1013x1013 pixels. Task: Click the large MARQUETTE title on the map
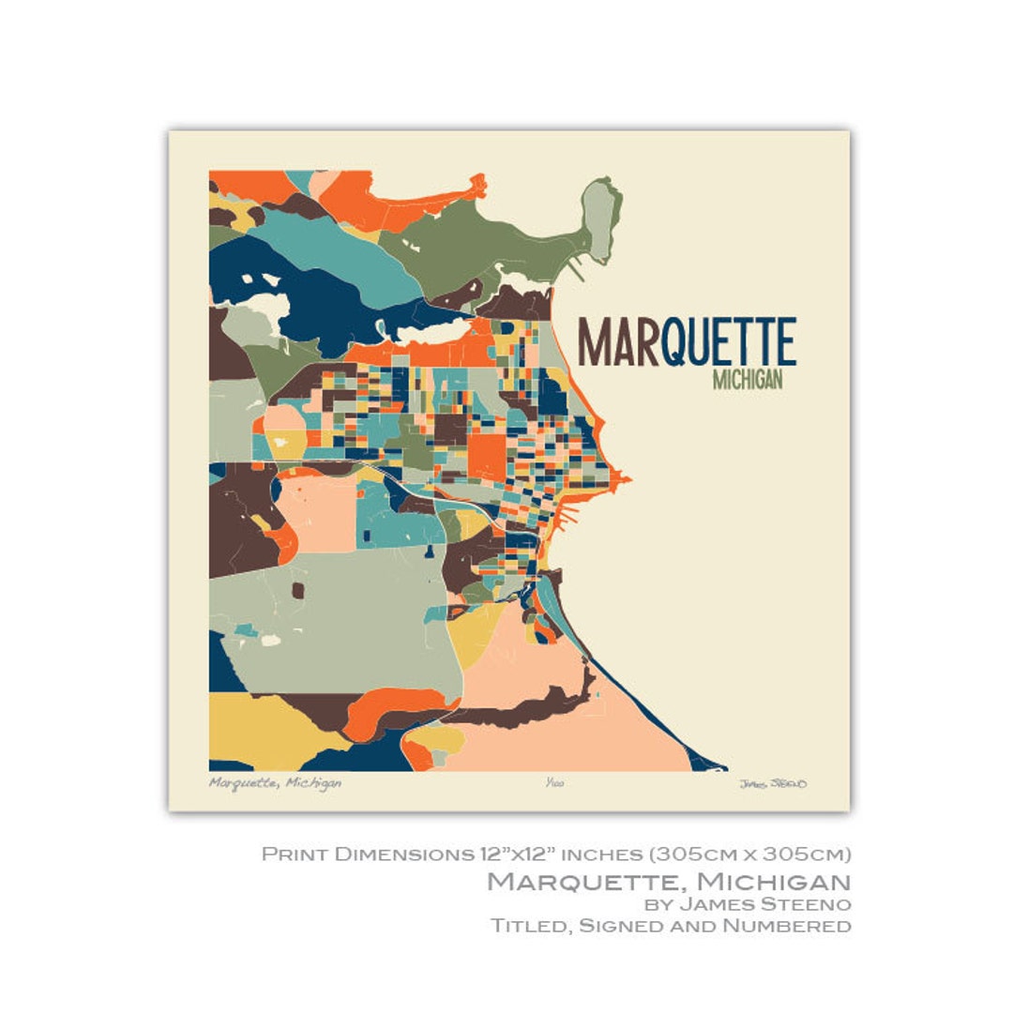(x=687, y=341)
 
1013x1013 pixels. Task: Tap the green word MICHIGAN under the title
(x=748, y=381)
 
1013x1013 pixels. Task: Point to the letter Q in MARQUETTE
(x=676, y=343)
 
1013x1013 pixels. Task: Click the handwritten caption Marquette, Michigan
(x=275, y=783)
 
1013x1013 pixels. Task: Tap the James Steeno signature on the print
(x=772, y=784)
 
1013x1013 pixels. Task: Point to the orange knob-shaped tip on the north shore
(x=478, y=182)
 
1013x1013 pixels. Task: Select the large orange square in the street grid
(x=486, y=454)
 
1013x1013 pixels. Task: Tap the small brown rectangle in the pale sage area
(x=298, y=590)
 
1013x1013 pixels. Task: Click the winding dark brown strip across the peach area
(x=535, y=708)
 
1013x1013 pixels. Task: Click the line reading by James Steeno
(x=747, y=904)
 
